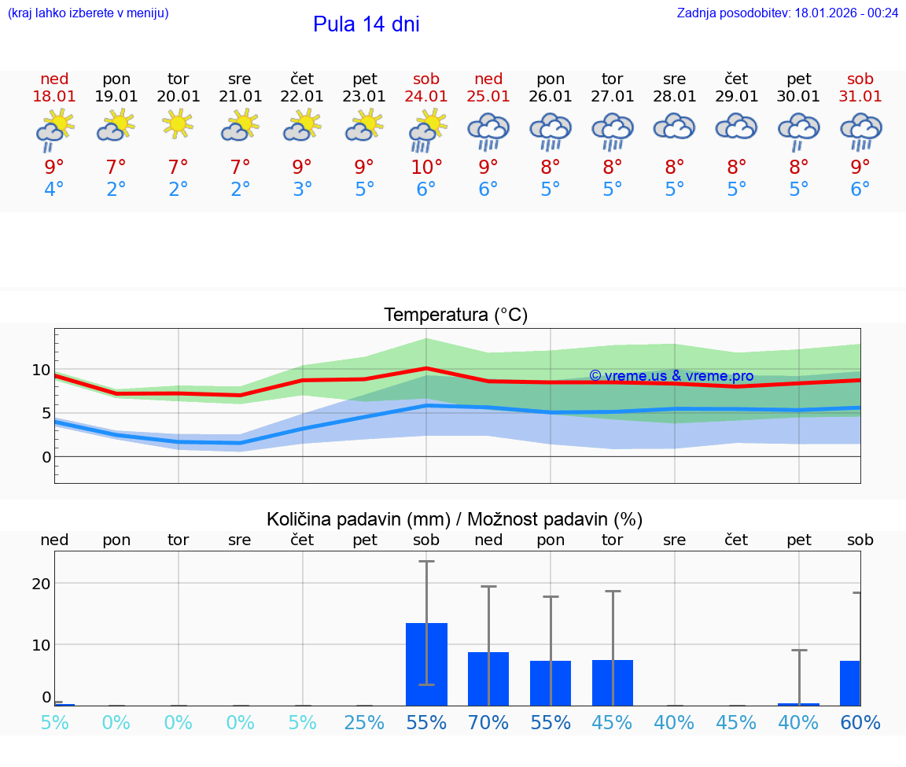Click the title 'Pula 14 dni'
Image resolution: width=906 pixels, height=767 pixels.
[366, 24]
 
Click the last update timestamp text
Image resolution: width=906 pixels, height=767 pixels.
[787, 13]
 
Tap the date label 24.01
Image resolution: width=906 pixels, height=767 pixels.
[426, 97]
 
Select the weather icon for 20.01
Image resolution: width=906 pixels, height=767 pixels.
[179, 125]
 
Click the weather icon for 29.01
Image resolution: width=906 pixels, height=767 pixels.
[736, 127]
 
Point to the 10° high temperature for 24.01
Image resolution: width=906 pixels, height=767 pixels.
[426, 167]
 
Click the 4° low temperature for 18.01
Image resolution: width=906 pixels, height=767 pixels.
[54, 190]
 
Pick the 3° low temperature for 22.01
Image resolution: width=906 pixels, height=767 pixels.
[302, 190]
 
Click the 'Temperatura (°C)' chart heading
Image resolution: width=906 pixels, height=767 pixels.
[455, 315]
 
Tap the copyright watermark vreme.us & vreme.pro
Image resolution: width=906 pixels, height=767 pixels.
[671, 376]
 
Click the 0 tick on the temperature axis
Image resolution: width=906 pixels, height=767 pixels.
[46, 457]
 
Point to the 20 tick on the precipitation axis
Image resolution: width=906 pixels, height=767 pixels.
[41, 583]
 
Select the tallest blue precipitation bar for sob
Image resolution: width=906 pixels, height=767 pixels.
[426, 664]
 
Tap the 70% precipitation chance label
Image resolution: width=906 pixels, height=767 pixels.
[488, 722]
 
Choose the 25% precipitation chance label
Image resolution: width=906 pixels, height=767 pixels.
[364, 722]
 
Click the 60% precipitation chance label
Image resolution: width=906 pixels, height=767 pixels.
[860, 722]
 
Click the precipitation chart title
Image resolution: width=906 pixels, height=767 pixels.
[455, 519]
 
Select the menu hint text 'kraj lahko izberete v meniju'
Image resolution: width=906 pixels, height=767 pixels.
[88, 13]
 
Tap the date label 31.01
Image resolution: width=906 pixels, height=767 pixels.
[860, 97]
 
